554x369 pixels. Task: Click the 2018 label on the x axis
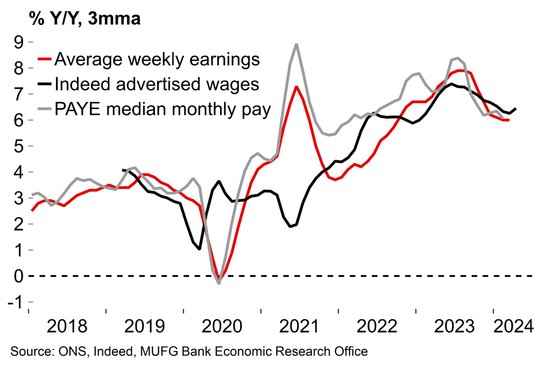(x=68, y=326)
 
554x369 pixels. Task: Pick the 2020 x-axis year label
(x=223, y=326)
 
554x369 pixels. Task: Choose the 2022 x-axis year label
(x=377, y=326)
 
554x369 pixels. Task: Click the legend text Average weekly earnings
(x=158, y=59)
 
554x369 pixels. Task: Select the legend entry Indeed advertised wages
(x=157, y=85)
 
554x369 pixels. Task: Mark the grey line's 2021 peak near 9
(x=296, y=44)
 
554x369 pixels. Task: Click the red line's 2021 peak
(x=296, y=87)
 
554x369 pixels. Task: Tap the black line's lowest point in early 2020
(x=199, y=249)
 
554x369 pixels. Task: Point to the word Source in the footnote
(x=30, y=352)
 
